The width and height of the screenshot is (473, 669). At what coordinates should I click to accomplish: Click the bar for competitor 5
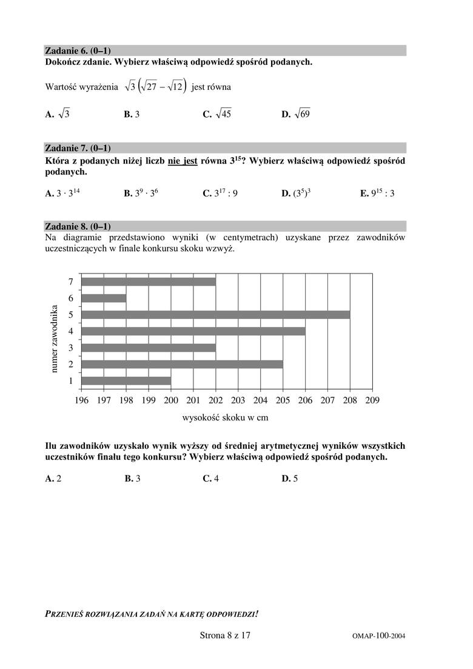pos(215,314)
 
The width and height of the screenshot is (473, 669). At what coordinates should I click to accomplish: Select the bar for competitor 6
pos(104,298)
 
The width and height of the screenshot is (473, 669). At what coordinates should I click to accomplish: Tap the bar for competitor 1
pos(126,380)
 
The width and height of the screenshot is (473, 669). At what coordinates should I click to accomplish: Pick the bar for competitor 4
pos(193,331)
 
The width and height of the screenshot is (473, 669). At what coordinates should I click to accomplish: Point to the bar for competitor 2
pos(182,364)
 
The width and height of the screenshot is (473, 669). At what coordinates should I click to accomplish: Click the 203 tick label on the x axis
pos(238,400)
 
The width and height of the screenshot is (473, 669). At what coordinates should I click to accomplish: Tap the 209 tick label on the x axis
pos(372,400)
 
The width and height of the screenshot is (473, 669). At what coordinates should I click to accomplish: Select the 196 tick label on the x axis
pos(81,400)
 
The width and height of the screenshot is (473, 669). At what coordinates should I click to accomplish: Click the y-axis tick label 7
pos(71,281)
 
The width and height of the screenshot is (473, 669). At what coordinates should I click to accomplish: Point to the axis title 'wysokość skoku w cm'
pos(225,417)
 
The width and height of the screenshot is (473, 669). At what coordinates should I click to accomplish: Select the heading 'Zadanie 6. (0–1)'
pos(78,50)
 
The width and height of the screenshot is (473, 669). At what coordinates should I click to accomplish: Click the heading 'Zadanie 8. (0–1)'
pos(78,226)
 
